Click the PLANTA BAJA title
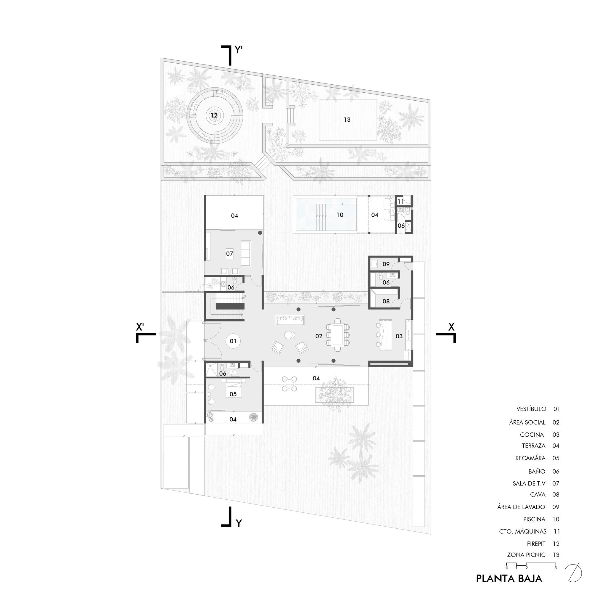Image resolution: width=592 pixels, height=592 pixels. [x=509, y=578]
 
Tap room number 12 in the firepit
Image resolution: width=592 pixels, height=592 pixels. [x=214, y=115]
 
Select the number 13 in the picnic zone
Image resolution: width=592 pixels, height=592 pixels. [x=347, y=120]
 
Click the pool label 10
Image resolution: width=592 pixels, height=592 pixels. [x=340, y=215]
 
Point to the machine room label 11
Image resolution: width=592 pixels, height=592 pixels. [x=401, y=202]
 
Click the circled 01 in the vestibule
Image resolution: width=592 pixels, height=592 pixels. [x=233, y=341]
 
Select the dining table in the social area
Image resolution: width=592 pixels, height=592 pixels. [x=338, y=334]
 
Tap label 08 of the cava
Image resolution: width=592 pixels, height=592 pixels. [x=386, y=301]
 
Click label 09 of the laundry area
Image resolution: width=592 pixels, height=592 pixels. [x=386, y=264]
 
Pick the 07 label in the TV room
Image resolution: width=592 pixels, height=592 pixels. [x=229, y=253]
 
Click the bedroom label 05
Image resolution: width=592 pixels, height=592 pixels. [x=233, y=394]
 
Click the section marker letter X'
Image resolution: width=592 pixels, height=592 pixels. [x=141, y=327]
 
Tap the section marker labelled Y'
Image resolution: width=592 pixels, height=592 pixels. [x=239, y=50]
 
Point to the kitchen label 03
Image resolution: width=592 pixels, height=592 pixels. [x=399, y=336]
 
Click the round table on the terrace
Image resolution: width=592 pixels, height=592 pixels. [x=289, y=383]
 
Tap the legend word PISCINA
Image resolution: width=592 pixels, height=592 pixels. [x=534, y=519]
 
